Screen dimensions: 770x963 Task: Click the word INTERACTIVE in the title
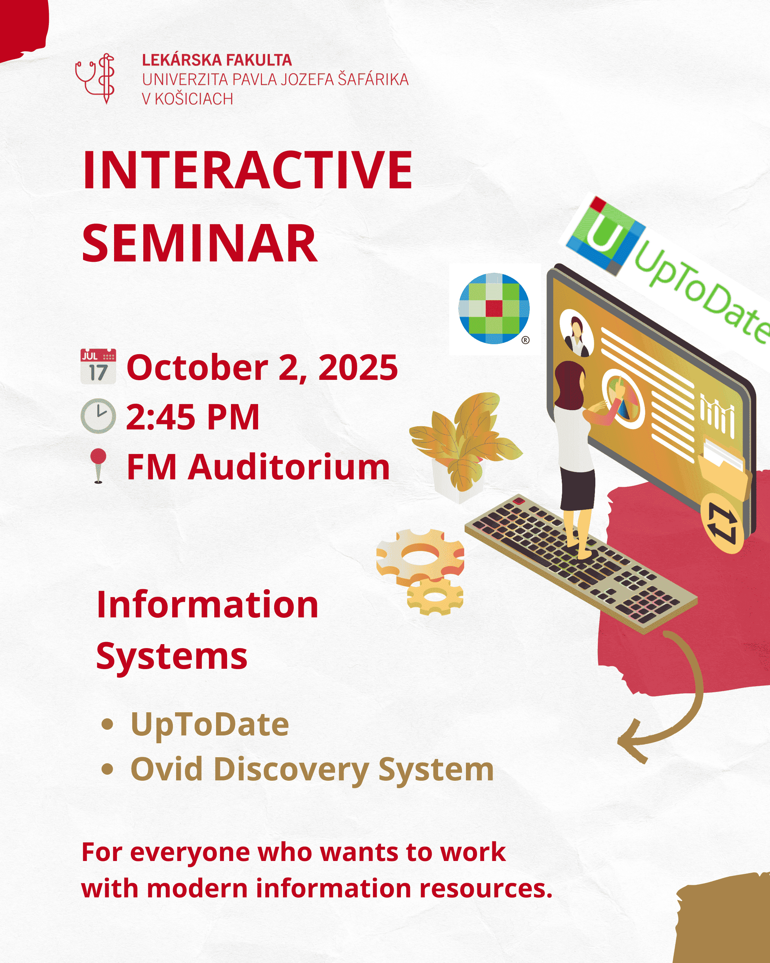click(x=248, y=170)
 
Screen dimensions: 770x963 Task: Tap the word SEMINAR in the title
click(x=200, y=244)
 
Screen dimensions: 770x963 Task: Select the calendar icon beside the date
click(x=98, y=366)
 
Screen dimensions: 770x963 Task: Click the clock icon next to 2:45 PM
click(x=98, y=416)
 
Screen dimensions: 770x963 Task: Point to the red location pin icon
click(x=98, y=465)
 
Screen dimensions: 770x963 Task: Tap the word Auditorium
click(x=289, y=467)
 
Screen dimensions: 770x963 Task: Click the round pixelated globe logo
click(x=494, y=309)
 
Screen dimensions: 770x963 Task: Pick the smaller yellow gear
click(x=435, y=595)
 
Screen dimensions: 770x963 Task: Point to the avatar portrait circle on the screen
click(x=576, y=333)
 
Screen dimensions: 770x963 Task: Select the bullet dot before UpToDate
click(x=107, y=724)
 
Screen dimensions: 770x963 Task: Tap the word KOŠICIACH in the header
click(x=194, y=99)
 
